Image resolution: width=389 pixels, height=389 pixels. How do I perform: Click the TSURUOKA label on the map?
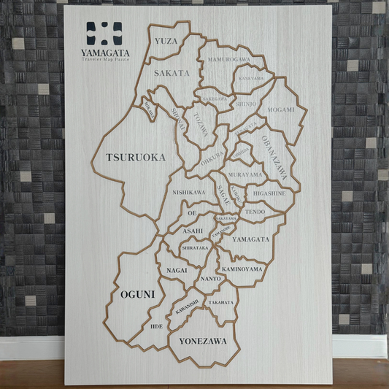136,158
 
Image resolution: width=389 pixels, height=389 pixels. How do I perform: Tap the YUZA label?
166,41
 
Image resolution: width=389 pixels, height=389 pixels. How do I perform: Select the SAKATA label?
172,73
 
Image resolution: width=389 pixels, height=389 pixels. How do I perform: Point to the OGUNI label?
137,294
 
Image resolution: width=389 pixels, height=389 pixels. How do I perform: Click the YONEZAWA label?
203,342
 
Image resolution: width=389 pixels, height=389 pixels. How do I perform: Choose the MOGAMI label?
281,110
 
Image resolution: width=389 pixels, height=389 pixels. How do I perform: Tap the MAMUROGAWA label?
228,58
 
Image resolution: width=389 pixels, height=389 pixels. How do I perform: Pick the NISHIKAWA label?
188,192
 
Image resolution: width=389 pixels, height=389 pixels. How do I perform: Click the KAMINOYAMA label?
242,269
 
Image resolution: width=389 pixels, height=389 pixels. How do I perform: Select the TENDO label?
255,212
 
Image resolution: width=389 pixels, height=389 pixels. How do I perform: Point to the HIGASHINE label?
269,193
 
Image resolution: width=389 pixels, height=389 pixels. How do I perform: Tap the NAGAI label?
177,270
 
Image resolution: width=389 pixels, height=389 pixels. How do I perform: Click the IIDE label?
157,326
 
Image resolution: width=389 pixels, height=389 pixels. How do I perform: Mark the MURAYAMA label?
245,175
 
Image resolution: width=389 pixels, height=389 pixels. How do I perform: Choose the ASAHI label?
193,231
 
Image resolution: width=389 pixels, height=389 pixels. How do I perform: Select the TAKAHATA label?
221,302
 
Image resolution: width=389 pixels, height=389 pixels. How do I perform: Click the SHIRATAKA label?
195,248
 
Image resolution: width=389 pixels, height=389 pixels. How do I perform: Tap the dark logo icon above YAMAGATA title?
104,33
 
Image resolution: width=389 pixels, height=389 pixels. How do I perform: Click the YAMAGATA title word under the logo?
106,53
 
